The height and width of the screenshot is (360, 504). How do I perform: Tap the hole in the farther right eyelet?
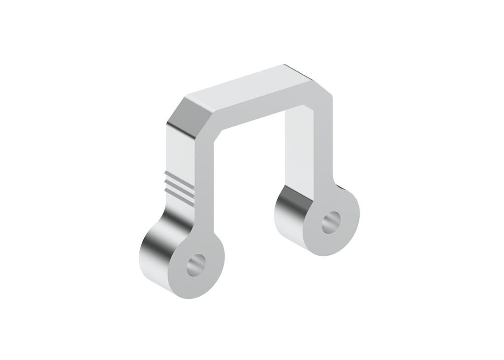pos(331,222)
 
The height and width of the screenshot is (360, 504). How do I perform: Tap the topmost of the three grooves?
pos(180,178)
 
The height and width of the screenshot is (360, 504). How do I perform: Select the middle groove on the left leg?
pos(180,184)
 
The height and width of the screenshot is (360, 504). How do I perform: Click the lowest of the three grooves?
pos(180,190)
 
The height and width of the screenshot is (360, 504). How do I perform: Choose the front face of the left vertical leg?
pos(204,197)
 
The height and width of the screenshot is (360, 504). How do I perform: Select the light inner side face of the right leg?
pos(297,148)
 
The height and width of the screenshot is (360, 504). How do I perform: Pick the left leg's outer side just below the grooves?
pos(178,209)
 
